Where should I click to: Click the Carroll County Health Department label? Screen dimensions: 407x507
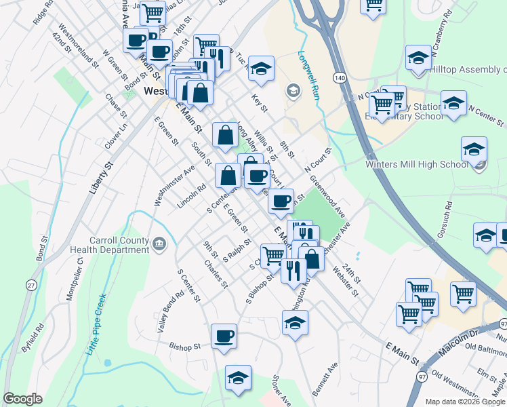(119, 245)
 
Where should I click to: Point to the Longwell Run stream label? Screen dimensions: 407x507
(308, 75)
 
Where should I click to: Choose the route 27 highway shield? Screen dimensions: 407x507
(32, 286)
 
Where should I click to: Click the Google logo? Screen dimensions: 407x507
(22, 399)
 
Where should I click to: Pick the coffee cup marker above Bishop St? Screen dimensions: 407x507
(224, 336)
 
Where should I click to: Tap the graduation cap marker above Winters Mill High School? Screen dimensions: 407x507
(474, 149)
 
